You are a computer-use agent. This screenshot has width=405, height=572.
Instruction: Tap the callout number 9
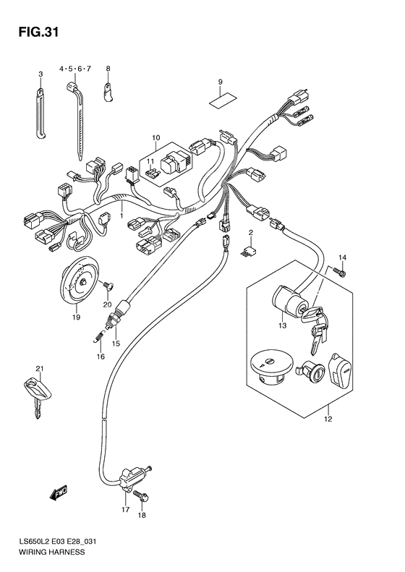tap(220, 82)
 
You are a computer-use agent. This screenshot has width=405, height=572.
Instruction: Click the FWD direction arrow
tap(59, 493)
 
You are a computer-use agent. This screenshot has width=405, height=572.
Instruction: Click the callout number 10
tap(155, 137)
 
